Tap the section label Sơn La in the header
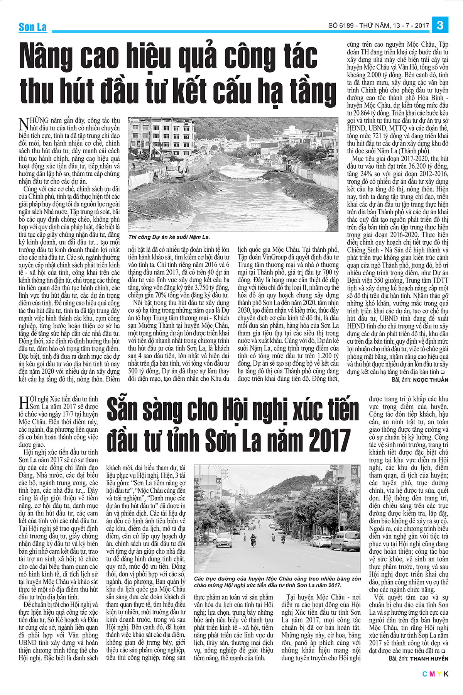[x=33, y=27]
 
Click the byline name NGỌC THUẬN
[x=430, y=380]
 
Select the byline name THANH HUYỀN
[x=429, y=658]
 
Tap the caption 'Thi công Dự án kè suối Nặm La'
[x=169, y=237]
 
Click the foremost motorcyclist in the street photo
[x=253, y=541]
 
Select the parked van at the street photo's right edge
[x=345, y=541]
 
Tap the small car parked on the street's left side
[x=224, y=539]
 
